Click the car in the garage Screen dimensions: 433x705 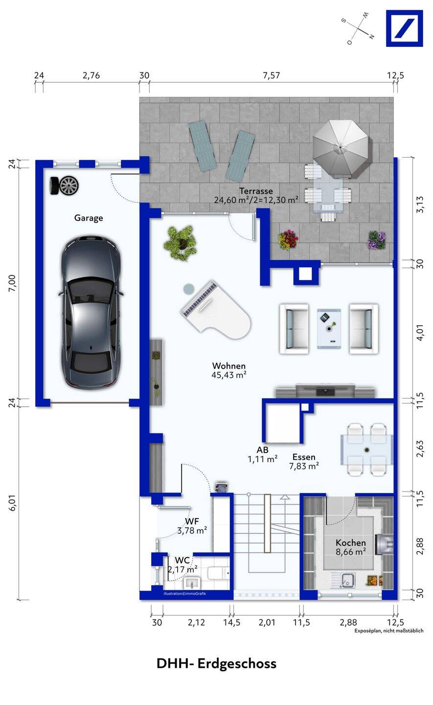tap(91, 312)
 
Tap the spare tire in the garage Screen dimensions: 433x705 tap(65, 186)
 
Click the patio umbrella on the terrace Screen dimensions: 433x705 tap(341, 147)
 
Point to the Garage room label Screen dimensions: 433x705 tap(89, 218)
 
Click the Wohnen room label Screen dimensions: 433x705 tap(229, 366)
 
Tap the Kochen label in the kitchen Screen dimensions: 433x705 tap(351, 542)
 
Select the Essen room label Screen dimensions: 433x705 tap(304, 457)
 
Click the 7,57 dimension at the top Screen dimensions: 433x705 tap(272, 75)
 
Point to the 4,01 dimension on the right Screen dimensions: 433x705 tap(420, 332)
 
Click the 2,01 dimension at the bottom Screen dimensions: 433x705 tap(267, 622)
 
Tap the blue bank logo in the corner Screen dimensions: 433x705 tap(405, 28)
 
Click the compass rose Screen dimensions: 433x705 tap(358, 28)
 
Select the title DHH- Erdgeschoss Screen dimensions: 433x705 tap(216, 663)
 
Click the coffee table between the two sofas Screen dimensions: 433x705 tap(329, 329)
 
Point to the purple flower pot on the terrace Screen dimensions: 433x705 tap(377, 240)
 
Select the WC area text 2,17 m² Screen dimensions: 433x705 tap(182, 570)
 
